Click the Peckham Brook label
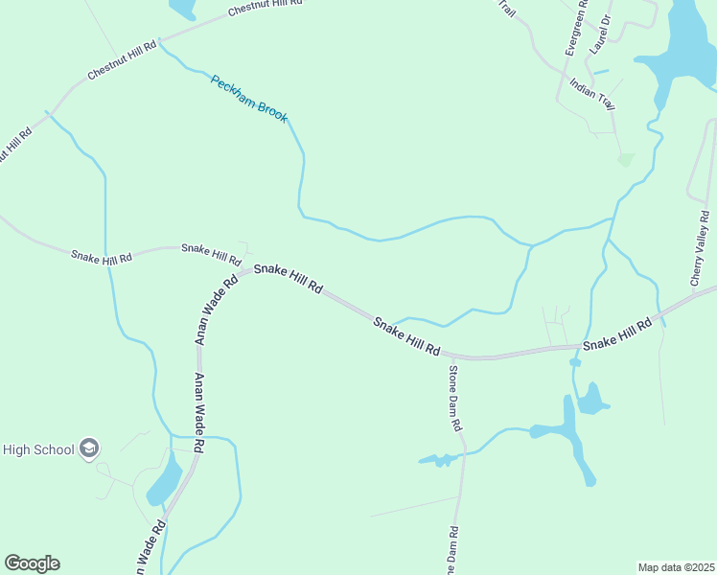(x=249, y=97)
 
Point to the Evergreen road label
(x=574, y=29)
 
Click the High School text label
(x=38, y=448)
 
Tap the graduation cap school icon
(x=89, y=448)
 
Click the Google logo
(x=32, y=563)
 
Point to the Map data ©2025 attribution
(x=676, y=567)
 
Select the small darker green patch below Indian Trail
(x=626, y=159)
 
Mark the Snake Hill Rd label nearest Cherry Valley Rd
(x=617, y=333)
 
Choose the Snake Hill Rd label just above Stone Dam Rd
(x=406, y=337)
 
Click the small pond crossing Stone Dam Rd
(x=439, y=460)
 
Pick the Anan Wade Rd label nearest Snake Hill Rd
(x=217, y=310)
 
